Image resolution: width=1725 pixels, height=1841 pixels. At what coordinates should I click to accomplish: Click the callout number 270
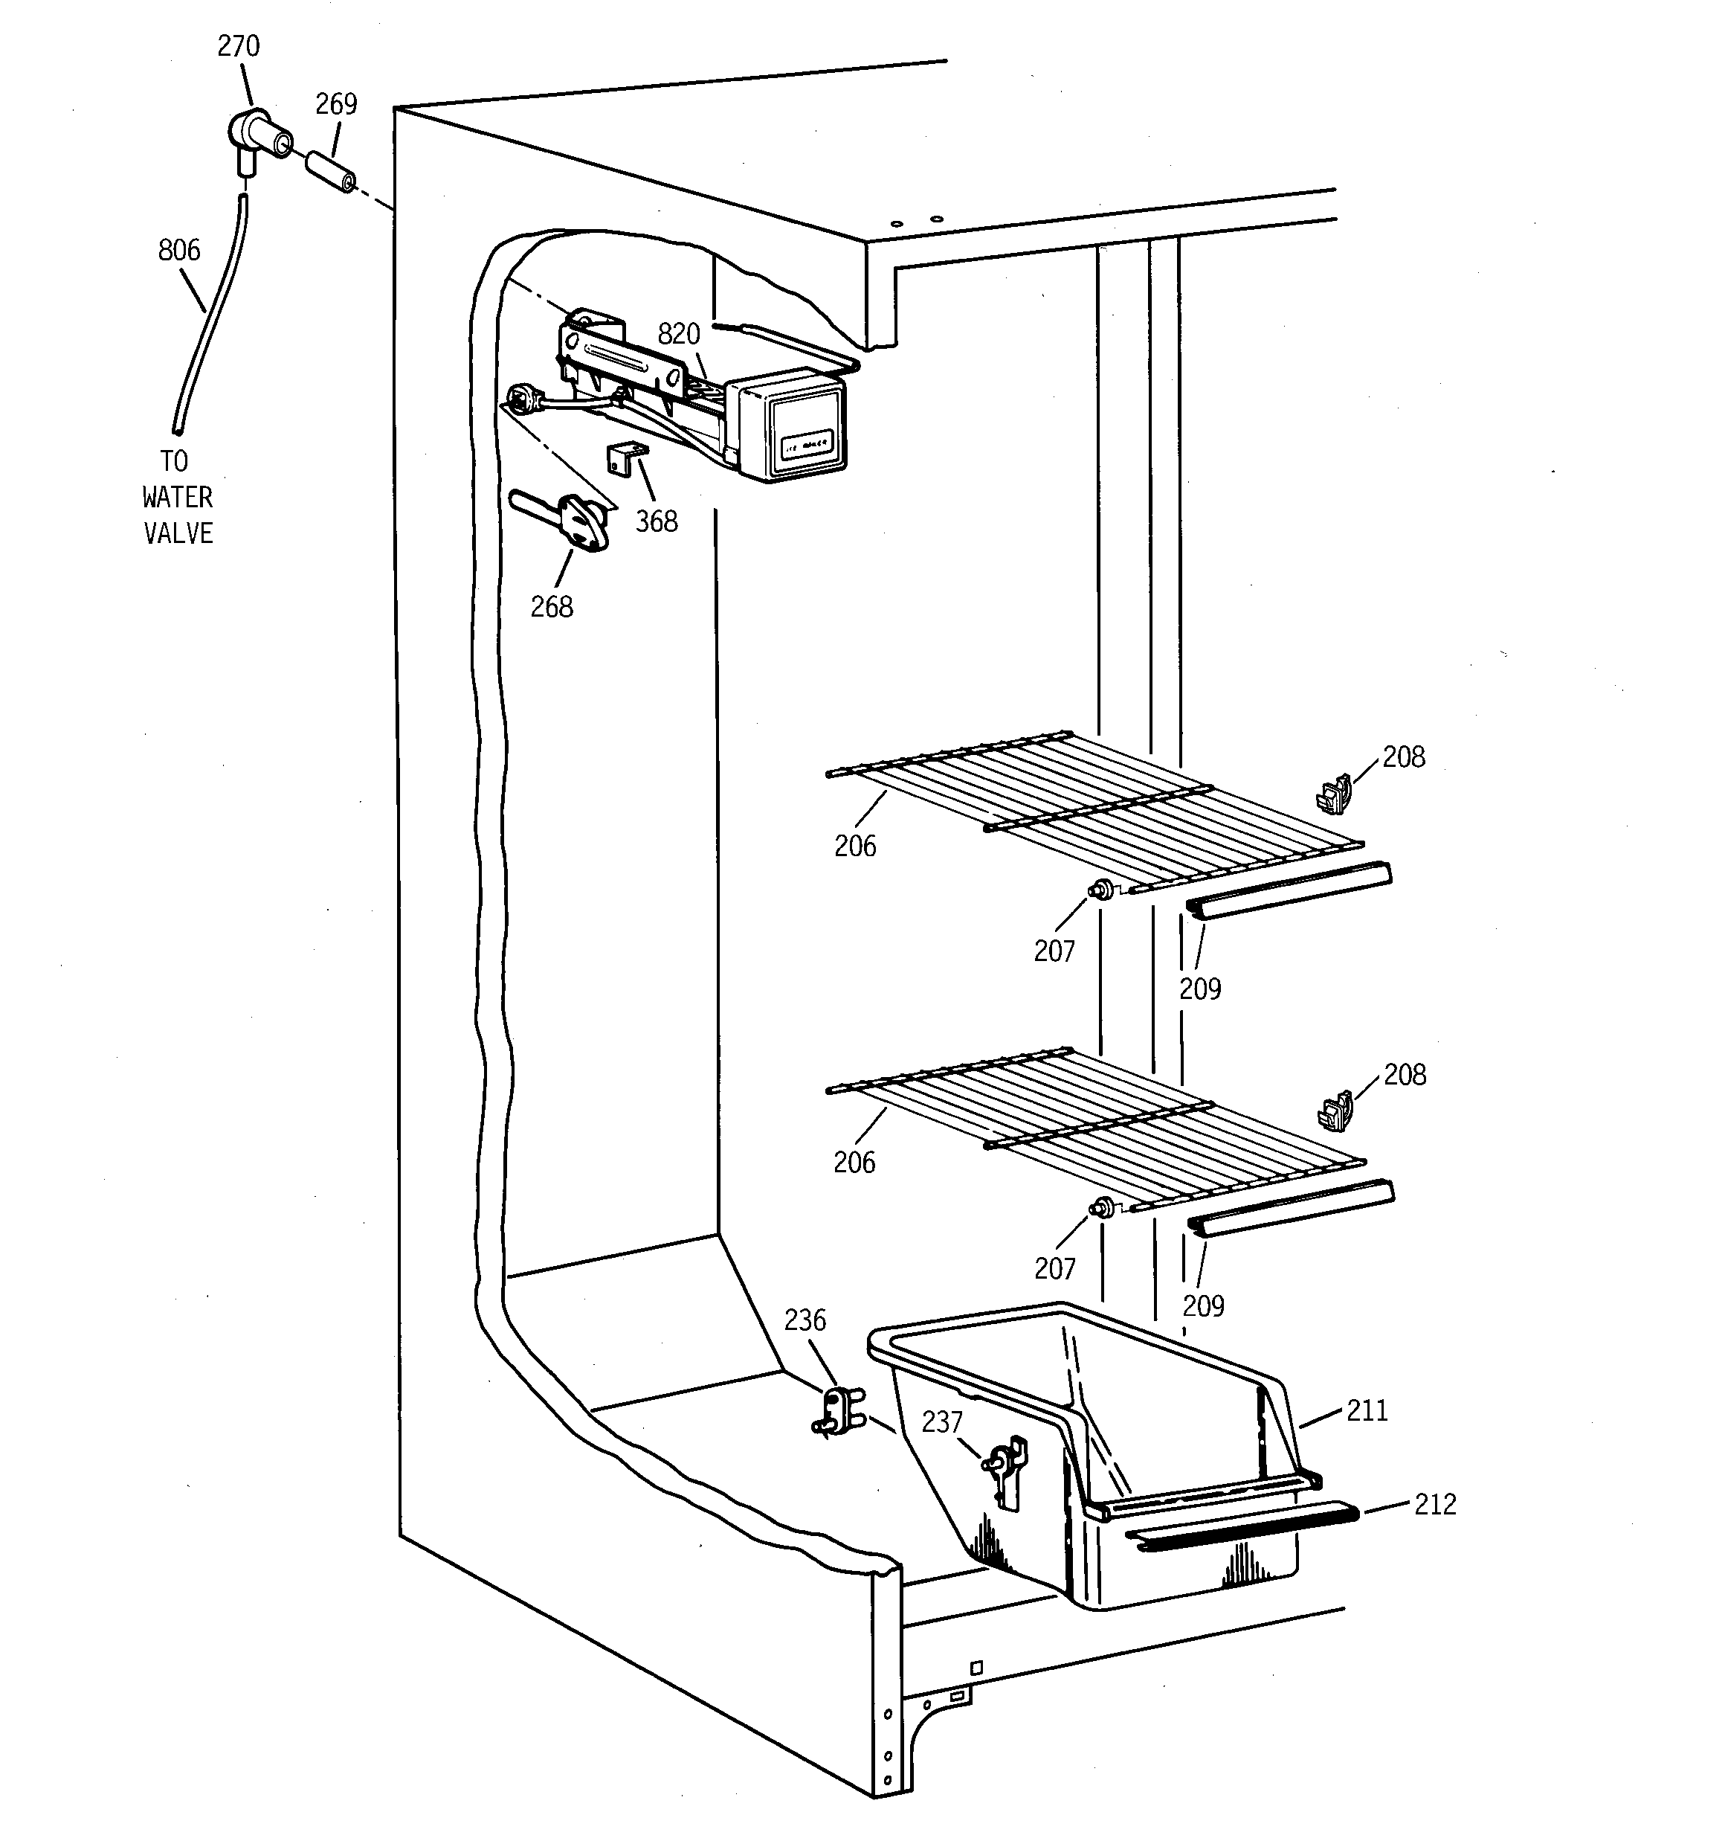238,46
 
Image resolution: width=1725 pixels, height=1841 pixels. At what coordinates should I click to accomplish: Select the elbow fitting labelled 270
254,135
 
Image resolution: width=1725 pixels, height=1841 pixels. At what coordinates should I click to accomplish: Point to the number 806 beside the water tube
178,250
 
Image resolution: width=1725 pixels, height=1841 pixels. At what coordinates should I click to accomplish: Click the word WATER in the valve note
178,498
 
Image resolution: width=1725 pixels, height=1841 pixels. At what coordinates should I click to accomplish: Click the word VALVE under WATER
178,533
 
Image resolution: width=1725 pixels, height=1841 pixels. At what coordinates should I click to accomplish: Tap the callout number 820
678,333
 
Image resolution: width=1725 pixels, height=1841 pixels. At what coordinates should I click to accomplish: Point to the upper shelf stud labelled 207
1100,889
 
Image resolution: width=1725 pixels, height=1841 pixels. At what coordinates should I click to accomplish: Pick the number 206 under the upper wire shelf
854,846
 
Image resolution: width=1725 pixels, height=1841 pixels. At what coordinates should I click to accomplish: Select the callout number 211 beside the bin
1367,1410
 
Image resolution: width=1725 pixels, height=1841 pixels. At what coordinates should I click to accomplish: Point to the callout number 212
1434,1504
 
